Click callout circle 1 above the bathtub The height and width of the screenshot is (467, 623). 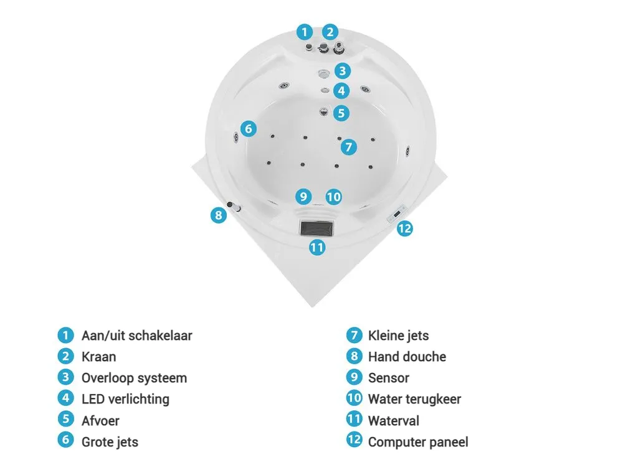pos(305,32)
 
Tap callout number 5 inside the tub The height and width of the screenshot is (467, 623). pos(341,113)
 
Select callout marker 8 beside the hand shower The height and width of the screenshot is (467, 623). pos(218,215)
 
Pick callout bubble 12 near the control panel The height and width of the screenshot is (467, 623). pos(404,229)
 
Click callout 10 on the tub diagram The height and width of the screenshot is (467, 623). pos(333,197)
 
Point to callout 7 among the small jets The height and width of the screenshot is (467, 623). pos(349,147)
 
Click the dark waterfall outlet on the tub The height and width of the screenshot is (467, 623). pos(316,229)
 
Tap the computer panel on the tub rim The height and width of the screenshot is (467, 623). pos(397,214)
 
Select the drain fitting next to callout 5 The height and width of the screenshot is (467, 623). pos(324,111)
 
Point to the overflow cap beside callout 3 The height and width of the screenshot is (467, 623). pos(324,73)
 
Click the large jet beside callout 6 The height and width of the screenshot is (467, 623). pos(236,137)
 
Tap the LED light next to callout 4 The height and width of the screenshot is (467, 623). pos(325,90)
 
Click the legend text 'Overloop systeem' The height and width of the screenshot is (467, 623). pos(135,378)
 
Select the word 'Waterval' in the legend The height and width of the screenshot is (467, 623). pos(393,420)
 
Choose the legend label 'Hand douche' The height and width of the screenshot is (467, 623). pos(407,357)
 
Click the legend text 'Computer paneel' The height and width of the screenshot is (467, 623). pos(418,442)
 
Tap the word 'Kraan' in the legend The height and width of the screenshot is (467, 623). pos(98,357)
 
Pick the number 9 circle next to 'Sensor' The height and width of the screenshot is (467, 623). pos(354,377)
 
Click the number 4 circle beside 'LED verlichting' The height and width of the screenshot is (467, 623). pos(65,399)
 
